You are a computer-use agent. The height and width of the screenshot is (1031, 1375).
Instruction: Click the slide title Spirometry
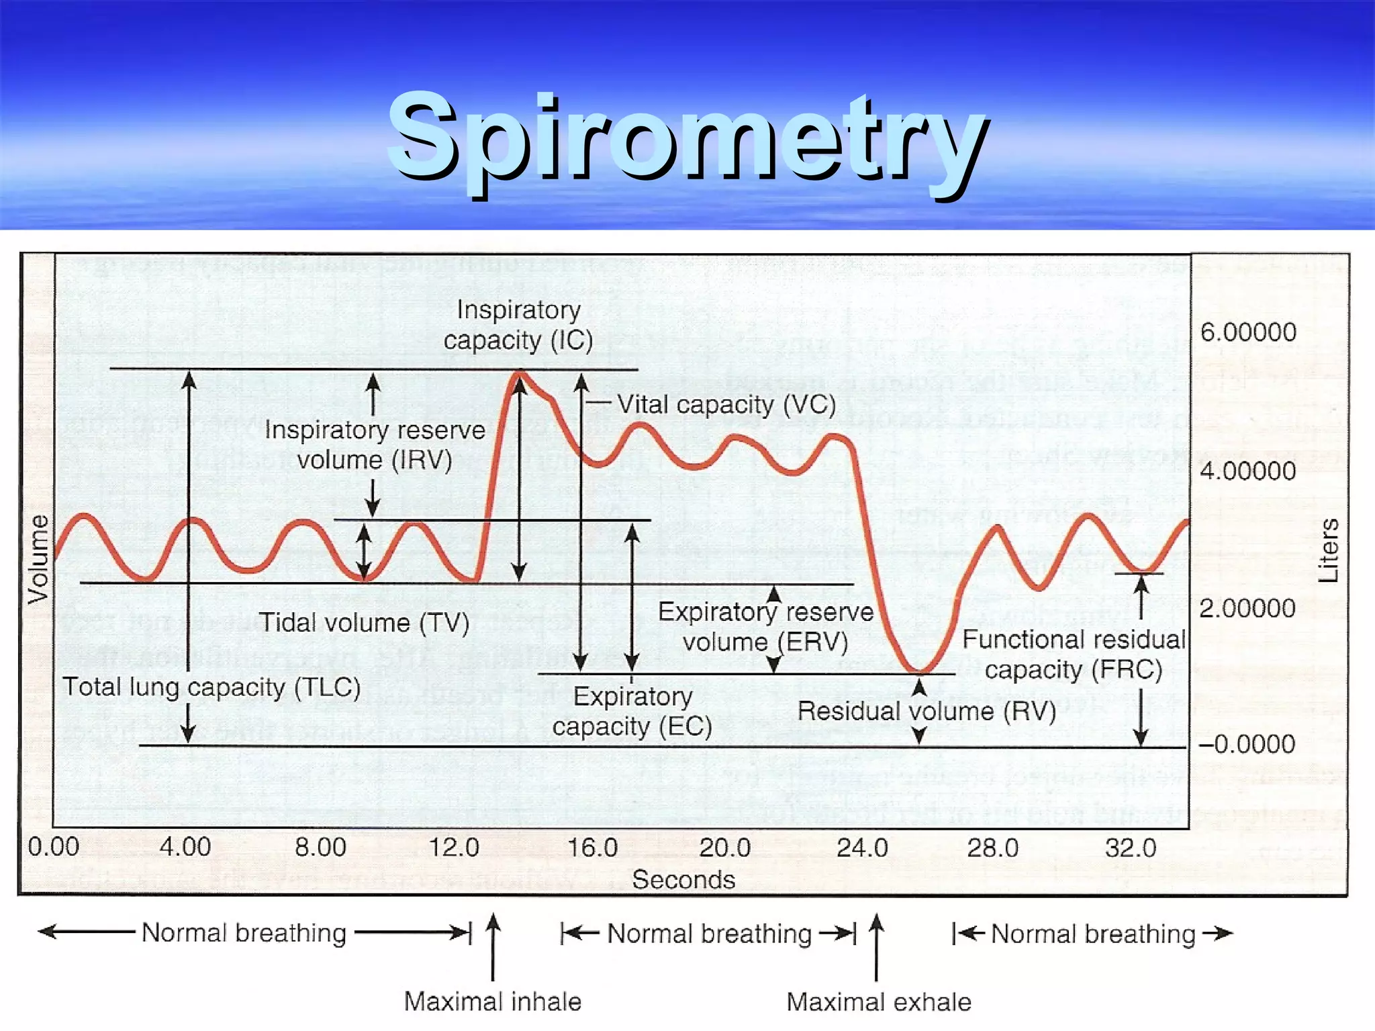[x=687, y=138]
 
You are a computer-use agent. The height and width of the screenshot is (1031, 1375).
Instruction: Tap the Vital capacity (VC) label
[x=726, y=405]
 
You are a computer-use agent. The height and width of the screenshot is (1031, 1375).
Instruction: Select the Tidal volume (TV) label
[x=364, y=622]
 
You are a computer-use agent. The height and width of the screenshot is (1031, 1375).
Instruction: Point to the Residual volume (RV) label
[x=927, y=711]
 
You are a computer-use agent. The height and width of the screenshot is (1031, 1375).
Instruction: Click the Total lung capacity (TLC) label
[x=211, y=687]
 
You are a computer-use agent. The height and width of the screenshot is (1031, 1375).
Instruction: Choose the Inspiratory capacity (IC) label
[x=518, y=326]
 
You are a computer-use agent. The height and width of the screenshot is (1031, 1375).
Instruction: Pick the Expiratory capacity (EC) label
[x=632, y=711]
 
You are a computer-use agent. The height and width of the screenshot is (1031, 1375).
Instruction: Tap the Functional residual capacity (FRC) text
[x=1074, y=654]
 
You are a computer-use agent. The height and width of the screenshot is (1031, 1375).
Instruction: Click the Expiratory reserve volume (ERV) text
[x=765, y=627]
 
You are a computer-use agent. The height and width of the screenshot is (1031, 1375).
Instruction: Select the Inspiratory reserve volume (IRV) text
[x=375, y=445]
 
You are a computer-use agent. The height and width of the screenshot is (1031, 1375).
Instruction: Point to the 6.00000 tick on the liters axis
[x=1247, y=332]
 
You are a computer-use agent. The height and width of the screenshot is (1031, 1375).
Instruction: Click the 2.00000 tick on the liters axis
[x=1247, y=608]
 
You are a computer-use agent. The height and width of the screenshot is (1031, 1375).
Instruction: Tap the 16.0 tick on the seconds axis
[x=592, y=848]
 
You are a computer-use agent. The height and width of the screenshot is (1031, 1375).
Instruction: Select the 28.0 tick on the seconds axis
[x=992, y=848]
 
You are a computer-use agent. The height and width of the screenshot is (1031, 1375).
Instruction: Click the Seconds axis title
[x=683, y=879]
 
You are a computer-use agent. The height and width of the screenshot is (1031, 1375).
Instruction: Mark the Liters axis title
[x=1328, y=550]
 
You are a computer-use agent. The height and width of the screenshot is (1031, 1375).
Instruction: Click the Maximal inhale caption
[x=492, y=1001]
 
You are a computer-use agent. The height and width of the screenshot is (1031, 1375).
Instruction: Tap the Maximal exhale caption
[x=878, y=1002]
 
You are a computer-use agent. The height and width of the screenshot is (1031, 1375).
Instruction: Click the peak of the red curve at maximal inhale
[x=519, y=374]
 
